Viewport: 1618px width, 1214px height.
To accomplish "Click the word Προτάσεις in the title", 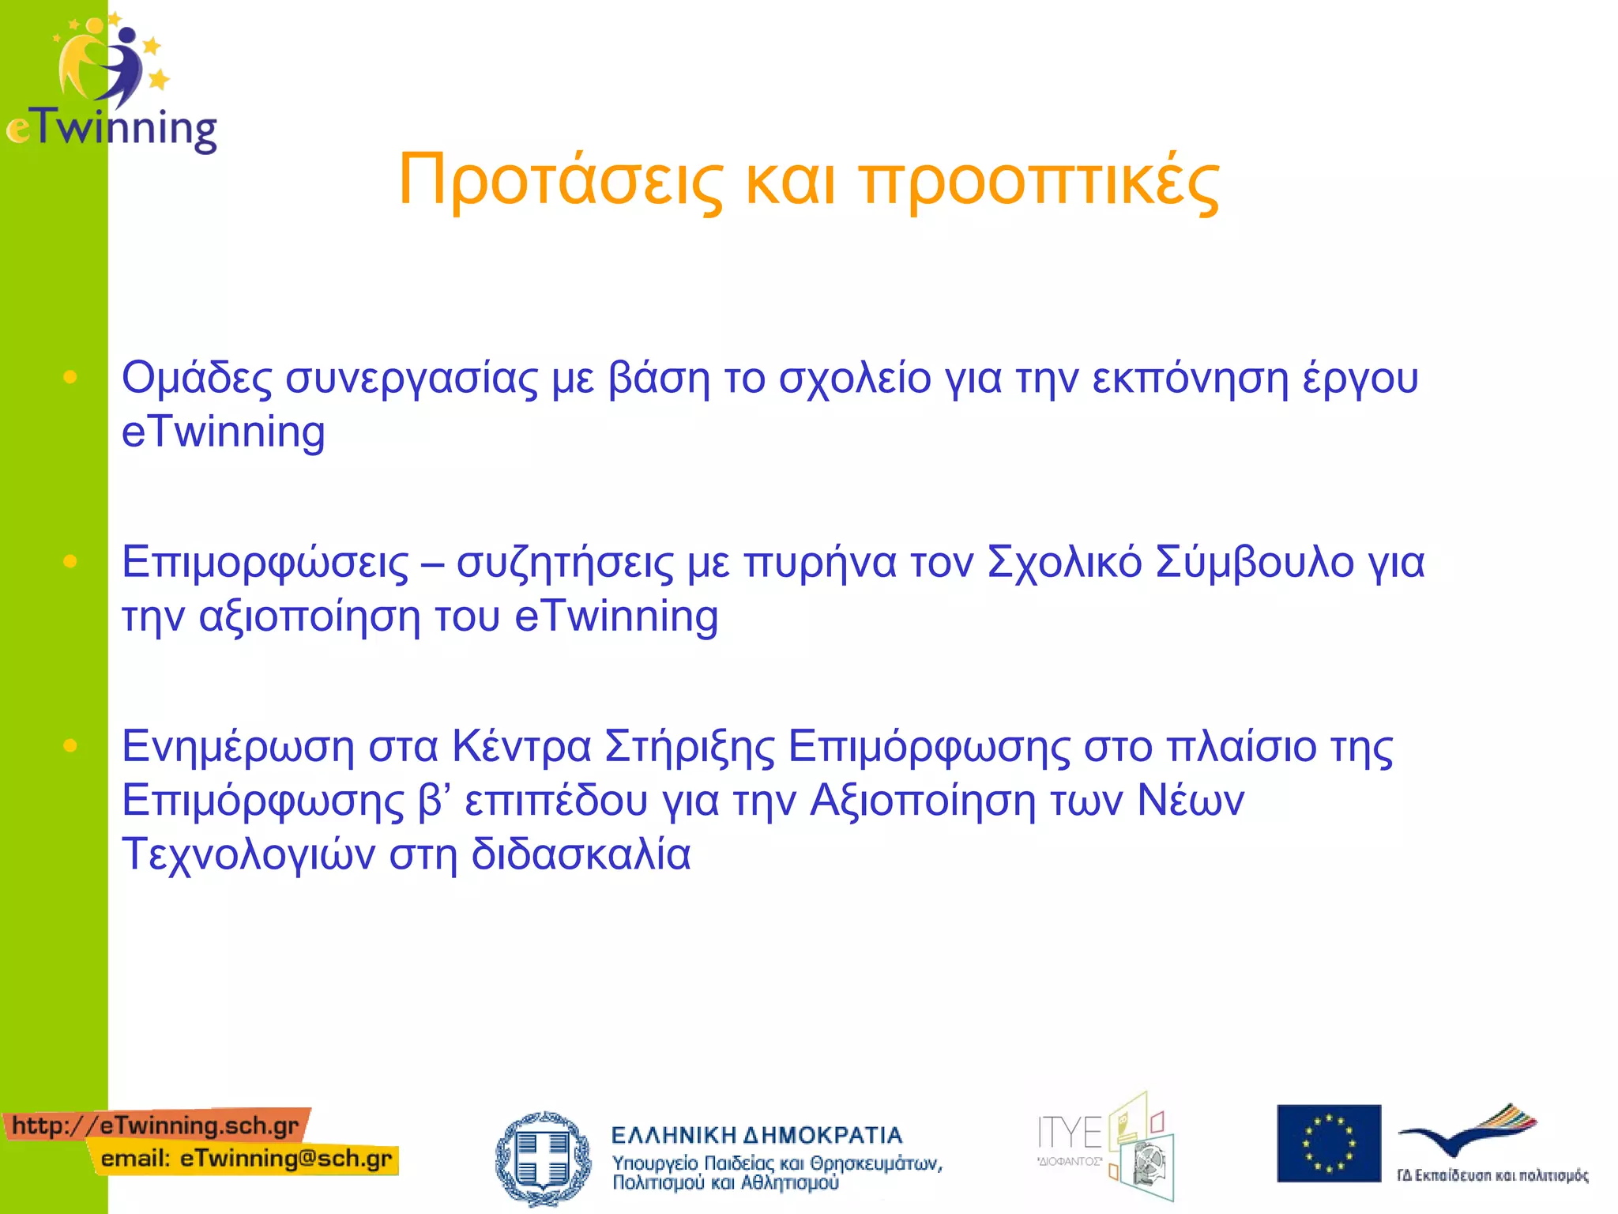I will point(560,182).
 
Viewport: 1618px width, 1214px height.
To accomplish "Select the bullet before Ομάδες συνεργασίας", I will point(70,377).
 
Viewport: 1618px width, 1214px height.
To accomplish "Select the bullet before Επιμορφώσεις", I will point(70,561).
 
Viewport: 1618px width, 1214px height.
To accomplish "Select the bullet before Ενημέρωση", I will point(70,745).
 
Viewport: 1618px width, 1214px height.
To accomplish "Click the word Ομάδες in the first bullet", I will point(197,378).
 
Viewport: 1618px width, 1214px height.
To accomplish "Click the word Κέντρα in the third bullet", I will point(521,746).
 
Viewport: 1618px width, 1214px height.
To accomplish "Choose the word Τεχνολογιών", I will point(248,855).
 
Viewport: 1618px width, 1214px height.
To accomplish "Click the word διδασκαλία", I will point(581,855).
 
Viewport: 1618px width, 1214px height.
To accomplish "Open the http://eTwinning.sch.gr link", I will point(156,1125).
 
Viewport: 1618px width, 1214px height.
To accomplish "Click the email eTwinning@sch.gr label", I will point(246,1159).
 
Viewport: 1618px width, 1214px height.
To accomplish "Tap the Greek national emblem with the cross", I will point(543,1158).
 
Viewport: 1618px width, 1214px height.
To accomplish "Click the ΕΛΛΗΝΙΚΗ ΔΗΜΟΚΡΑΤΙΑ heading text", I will point(756,1135).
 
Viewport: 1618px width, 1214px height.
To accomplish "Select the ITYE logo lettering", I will point(1069,1133).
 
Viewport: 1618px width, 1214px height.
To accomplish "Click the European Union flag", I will point(1328,1143).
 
